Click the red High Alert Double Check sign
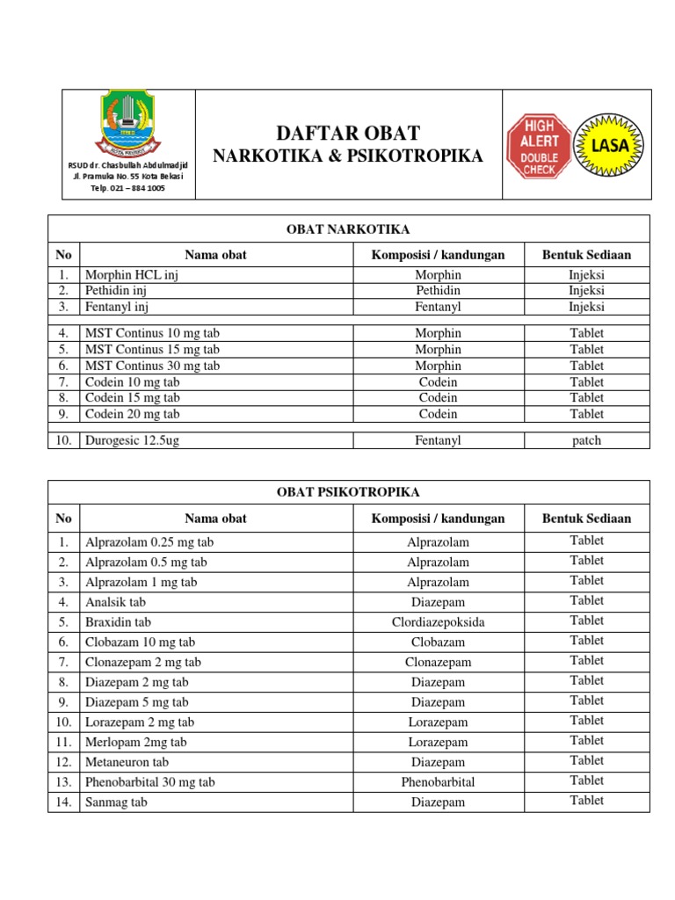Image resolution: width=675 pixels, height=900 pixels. click(539, 146)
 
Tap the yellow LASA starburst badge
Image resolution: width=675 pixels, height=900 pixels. click(609, 145)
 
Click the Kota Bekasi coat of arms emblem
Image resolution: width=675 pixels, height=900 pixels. click(129, 124)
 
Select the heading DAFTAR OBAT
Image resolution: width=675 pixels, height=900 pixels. click(348, 134)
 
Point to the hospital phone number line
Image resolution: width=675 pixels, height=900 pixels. click(129, 188)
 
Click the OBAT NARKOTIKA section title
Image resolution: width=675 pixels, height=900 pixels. click(348, 229)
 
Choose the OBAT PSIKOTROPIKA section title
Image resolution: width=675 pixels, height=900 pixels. click(348, 492)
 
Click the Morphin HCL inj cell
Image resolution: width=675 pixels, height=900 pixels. click(132, 275)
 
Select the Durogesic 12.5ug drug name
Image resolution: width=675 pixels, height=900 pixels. click(132, 440)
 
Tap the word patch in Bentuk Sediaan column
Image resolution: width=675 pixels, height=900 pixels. click(586, 440)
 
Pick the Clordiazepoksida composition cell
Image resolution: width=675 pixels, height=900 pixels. click(438, 622)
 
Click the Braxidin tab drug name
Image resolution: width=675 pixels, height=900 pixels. click(118, 622)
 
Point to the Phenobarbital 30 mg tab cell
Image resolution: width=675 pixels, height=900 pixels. click(149, 782)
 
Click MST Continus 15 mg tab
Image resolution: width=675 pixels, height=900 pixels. click(152, 350)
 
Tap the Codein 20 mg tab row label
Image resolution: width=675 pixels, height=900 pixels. click(132, 414)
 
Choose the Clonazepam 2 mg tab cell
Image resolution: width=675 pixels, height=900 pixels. click(143, 663)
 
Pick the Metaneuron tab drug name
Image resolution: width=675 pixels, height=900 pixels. click(127, 763)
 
